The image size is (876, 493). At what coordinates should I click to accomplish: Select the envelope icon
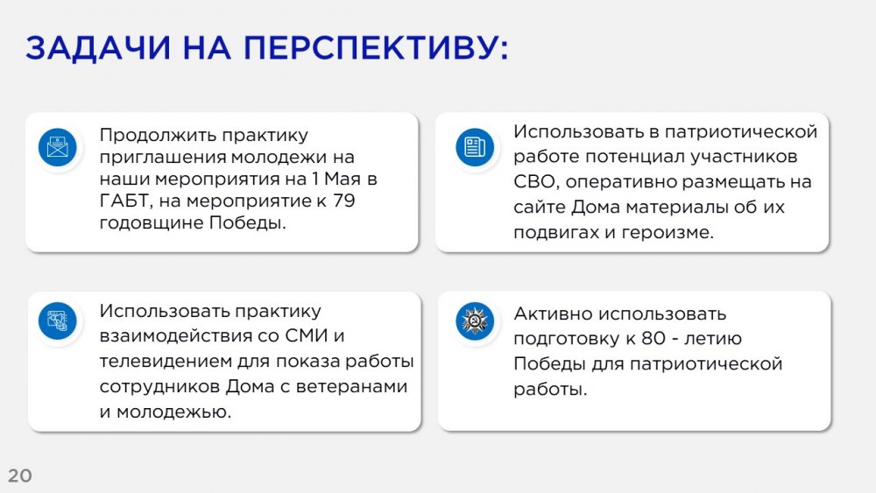click(58, 147)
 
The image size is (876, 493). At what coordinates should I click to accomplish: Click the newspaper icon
click(475, 147)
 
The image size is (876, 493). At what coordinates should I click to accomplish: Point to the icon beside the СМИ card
click(58, 320)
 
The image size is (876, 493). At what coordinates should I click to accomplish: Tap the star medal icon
click(475, 320)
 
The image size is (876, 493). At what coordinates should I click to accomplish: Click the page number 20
click(20, 475)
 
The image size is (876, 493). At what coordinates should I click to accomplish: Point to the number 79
click(343, 201)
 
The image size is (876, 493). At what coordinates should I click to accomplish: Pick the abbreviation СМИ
click(306, 335)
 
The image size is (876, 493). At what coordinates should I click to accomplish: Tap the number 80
click(653, 338)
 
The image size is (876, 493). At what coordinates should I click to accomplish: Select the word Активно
click(553, 313)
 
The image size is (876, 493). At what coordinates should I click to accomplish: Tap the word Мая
click(343, 179)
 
